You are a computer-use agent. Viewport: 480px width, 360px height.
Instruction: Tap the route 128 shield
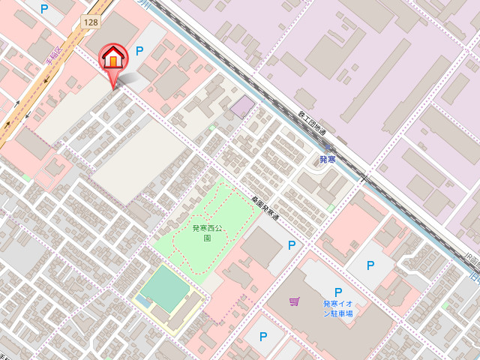(x=90, y=22)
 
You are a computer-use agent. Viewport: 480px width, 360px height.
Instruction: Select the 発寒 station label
(x=327, y=160)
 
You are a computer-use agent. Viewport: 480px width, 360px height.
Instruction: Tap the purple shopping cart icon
(x=295, y=301)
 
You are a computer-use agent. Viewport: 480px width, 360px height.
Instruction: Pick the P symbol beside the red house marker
(x=139, y=51)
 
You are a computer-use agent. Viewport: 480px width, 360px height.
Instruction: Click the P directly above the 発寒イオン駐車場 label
(x=338, y=292)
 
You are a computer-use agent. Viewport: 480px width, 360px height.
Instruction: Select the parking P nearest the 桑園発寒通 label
(x=292, y=245)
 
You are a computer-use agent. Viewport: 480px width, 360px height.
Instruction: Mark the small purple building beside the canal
(x=241, y=106)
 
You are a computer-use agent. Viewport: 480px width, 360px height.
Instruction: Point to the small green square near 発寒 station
(x=331, y=208)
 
